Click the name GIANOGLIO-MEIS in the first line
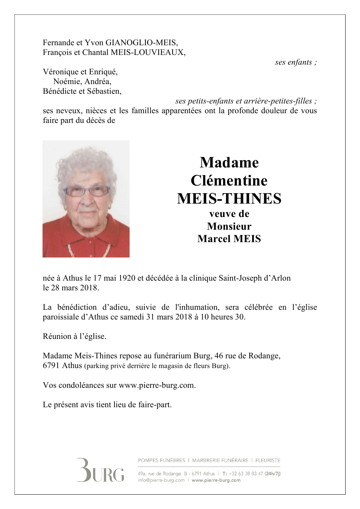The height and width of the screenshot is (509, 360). [x=141, y=43]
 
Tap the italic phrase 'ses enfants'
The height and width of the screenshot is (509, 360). [x=294, y=62]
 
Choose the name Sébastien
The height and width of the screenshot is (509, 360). [x=104, y=91]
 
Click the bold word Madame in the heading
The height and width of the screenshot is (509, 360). [x=229, y=163]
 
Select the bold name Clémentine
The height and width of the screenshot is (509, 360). [x=229, y=181]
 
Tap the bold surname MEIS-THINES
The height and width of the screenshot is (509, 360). [x=229, y=199]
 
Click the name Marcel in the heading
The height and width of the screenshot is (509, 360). [x=213, y=239]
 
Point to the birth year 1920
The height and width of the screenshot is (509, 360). [x=127, y=278]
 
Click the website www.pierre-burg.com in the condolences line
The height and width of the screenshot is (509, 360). [x=156, y=385]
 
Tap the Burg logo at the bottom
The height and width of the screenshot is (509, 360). [x=100, y=470]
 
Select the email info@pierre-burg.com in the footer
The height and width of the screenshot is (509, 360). [x=161, y=481]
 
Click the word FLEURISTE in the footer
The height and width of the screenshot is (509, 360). [x=268, y=460]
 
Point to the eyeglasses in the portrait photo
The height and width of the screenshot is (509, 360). [x=87, y=191]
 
